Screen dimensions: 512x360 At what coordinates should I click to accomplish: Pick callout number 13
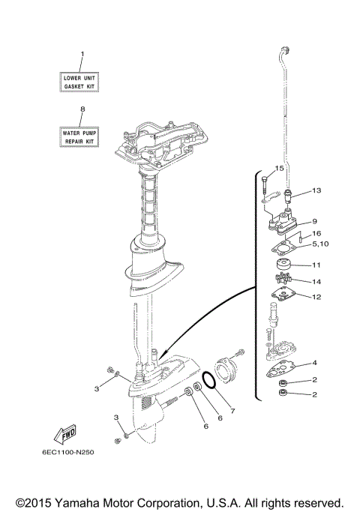click(x=316, y=191)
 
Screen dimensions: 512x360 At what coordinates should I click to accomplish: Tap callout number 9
click(x=315, y=221)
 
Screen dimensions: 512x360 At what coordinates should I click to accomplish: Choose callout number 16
click(x=316, y=234)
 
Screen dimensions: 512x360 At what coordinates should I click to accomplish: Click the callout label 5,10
click(x=319, y=244)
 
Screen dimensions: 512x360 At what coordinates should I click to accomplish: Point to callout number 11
click(x=316, y=265)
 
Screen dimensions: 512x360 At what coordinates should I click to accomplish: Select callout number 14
click(x=316, y=282)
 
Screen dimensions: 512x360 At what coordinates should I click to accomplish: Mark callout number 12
click(x=316, y=297)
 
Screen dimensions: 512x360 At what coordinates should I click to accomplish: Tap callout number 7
click(x=233, y=410)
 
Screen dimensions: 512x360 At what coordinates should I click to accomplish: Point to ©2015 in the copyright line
click(x=35, y=501)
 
